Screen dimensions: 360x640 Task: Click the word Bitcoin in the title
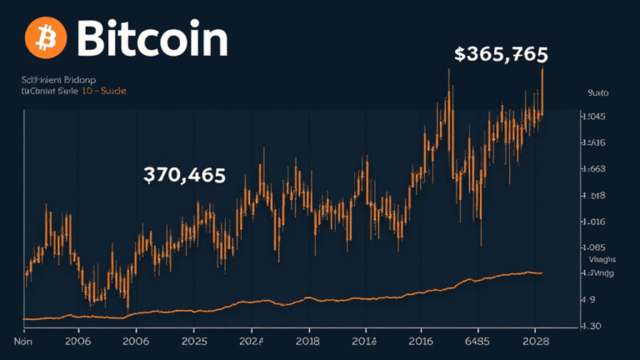click(151, 38)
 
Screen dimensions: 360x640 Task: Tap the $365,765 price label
click(501, 55)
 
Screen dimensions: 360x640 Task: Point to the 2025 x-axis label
click(193, 341)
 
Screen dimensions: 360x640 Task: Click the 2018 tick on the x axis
click(308, 341)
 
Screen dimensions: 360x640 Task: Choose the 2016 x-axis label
click(421, 341)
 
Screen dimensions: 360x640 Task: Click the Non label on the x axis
click(22, 341)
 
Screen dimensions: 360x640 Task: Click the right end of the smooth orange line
click(542, 272)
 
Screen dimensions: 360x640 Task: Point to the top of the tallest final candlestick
click(542, 68)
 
